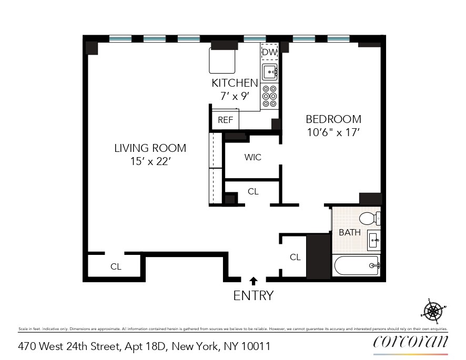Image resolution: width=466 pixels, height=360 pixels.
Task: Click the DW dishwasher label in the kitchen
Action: [269, 53]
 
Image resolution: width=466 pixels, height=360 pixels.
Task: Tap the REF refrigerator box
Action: [225, 120]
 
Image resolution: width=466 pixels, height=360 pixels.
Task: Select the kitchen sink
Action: [270, 71]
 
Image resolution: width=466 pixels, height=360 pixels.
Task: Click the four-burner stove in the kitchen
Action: [269, 96]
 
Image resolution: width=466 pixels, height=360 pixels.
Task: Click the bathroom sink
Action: [374, 241]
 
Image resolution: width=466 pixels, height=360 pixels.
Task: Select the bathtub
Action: [357, 265]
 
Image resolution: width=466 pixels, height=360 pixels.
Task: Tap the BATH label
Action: [349, 232]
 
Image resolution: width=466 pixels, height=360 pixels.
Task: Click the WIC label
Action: [252, 157]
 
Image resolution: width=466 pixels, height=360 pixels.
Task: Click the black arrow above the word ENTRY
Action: [254, 281]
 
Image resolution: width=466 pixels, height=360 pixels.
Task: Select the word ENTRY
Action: [254, 295]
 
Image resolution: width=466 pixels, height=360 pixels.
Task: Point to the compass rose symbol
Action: [433, 311]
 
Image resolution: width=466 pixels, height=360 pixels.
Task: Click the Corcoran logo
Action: [411, 342]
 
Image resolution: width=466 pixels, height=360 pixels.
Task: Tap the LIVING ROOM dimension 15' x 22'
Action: [150, 162]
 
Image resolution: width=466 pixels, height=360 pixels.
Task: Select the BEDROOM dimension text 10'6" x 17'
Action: [333, 133]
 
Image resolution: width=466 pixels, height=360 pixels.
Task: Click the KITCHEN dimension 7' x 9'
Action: [235, 96]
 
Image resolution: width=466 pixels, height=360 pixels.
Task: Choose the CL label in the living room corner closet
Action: [116, 266]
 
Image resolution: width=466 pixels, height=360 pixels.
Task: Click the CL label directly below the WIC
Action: [253, 191]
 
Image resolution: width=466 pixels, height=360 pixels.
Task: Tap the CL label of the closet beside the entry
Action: [295, 257]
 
